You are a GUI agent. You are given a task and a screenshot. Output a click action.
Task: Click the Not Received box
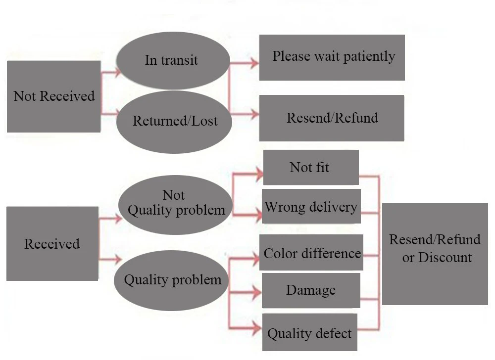point(53,96)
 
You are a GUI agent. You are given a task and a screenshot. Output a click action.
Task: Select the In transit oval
point(173,60)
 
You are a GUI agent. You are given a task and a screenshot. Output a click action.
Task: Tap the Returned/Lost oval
point(174,121)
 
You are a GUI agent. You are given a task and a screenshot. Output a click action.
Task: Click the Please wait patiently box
point(332,57)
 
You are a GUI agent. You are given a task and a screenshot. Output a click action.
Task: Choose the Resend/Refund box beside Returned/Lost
point(332,118)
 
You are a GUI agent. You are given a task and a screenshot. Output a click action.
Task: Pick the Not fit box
point(310,168)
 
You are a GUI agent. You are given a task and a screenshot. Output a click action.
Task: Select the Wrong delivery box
point(311,206)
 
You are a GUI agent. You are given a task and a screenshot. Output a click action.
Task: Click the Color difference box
point(311,253)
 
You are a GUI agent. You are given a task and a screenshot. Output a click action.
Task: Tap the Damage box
point(311,290)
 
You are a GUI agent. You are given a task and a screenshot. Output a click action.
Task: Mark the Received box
point(52,244)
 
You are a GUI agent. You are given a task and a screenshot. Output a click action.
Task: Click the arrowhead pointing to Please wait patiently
point(254,63)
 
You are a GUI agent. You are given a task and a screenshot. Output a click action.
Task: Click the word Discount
point(445,257)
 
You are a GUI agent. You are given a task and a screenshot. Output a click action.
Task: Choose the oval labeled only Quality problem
point(172,280)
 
